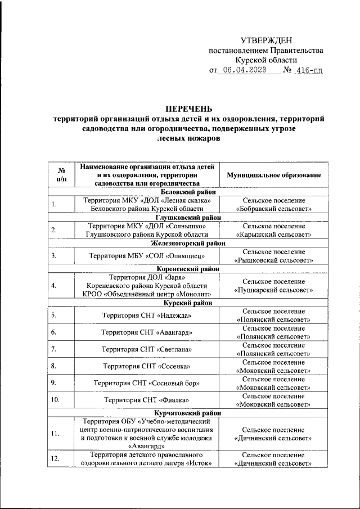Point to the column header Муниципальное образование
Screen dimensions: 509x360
pyautogui.click(x=274, y=175)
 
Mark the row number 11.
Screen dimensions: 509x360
pyautogui.click(x=55, y=433)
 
